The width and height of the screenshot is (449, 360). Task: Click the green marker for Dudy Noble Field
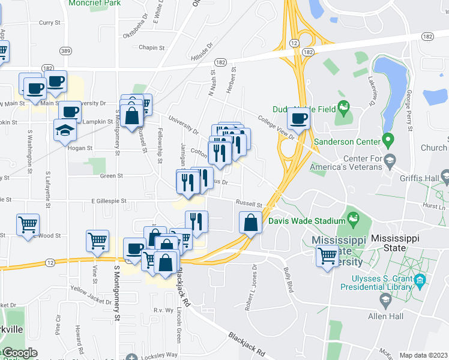(x=343, y=109)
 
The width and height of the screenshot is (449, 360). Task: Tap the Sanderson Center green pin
(x=388, y=142)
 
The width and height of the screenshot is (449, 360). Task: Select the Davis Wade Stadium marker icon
(x=352, y=220)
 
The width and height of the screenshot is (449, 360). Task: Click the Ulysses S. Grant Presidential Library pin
(x=420, y=280)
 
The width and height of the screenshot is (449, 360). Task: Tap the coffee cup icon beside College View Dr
(x=298, y=118)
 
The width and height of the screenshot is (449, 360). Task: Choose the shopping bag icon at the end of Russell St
(x=250, y=223)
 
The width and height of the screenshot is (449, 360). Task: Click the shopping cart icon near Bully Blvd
(x=328, y=256)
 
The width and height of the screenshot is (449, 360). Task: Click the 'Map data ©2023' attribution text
(x=423, y=355)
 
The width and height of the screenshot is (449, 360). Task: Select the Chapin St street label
(x=152, y=47)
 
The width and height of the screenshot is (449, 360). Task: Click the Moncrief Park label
(x=94, y=3)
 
